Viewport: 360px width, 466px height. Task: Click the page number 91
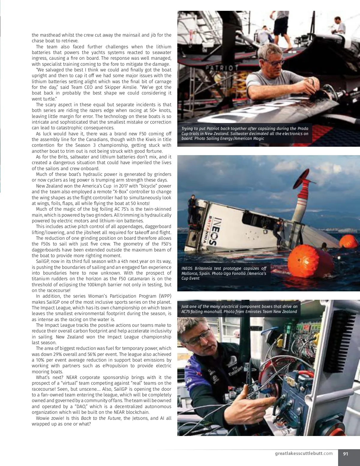[x=346, y=454]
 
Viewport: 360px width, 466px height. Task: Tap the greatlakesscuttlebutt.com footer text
[x=304, y=453]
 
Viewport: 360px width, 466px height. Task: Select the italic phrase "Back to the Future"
[x=101, y=418]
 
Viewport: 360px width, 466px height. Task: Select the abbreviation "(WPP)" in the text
[x=165, y=296]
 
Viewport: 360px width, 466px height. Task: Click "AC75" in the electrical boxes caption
[x=187, y=311]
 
